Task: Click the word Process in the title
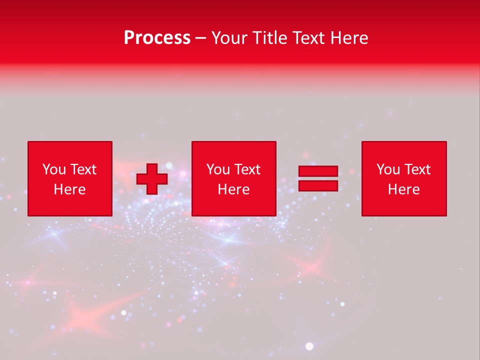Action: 157,38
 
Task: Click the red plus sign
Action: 152,179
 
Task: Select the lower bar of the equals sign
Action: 318,185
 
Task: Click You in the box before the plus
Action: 53,169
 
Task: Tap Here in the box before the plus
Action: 69,189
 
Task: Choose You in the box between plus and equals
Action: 217,169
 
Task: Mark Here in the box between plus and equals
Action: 233,189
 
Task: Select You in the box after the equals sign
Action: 387,169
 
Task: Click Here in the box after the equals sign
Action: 403,189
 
